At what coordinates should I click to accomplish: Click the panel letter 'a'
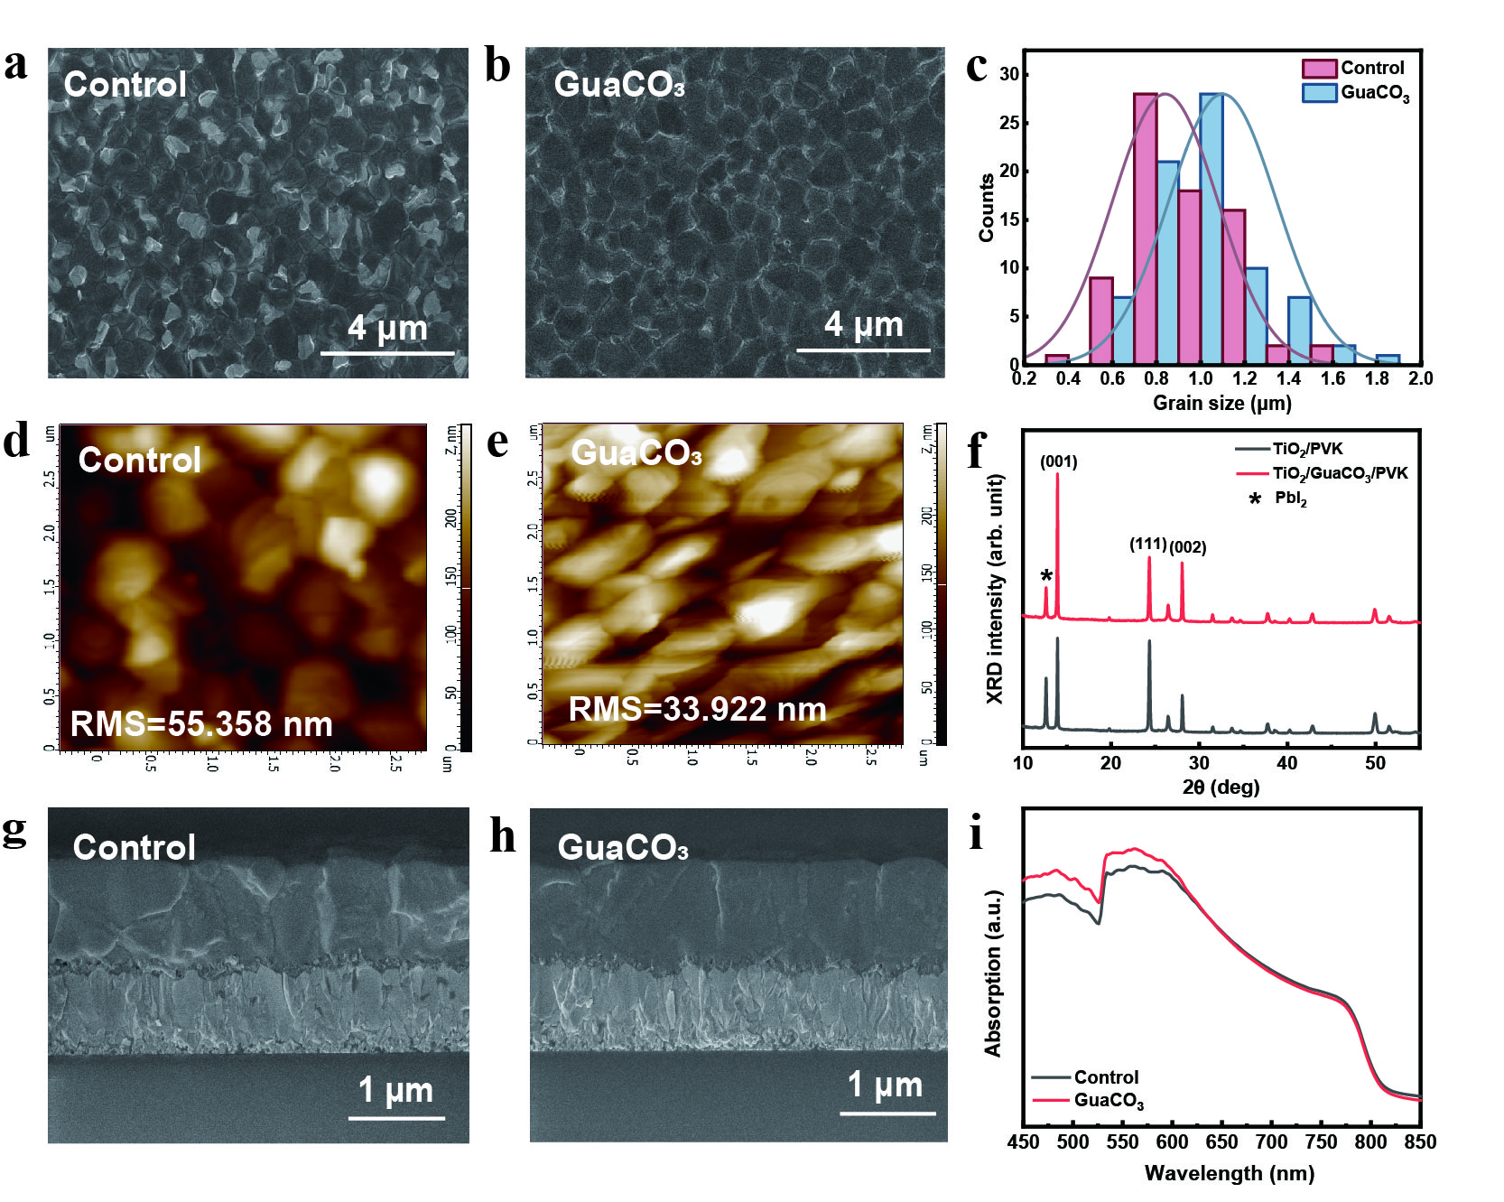[x=15, y=65]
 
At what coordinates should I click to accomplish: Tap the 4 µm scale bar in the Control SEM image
[x=387, y=352]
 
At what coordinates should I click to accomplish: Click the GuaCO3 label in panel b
[x=619, y=84]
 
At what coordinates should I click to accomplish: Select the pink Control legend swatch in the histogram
[x=1319, y=69]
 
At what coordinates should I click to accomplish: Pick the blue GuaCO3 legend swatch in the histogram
[x=1319, y=92]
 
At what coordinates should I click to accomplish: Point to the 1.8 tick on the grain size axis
[x=1377, y=378]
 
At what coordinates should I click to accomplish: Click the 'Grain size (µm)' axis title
[x=1221, y=403]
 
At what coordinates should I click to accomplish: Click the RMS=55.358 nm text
[x=201, y=724]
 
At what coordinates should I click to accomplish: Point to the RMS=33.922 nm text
[x=697, y=710]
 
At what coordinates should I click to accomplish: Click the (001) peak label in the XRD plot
[x=1058, y=462]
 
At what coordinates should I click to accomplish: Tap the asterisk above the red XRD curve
[x=1046, y=576]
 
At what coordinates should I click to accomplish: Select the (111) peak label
[x=1147, y=544]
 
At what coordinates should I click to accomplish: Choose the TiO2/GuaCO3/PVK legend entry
[x=1340, y=473]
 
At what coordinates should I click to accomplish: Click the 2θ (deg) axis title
[x=1221, y=787]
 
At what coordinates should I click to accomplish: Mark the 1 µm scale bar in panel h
[x=887, y=1113]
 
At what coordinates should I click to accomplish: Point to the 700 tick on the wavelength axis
[x=1271, y=1142]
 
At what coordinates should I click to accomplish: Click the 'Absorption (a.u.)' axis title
[x=994, y=973]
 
